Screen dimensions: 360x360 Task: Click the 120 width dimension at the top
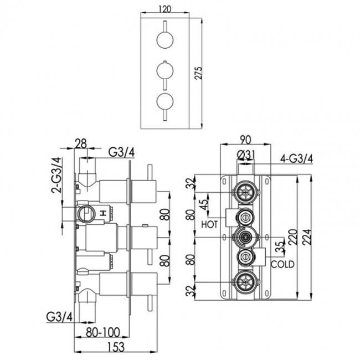tap(165, 9)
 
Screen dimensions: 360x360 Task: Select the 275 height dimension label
tap(198, 73)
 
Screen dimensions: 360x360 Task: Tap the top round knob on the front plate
tap(165, 40)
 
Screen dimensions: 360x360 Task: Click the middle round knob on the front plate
tap(165, 71)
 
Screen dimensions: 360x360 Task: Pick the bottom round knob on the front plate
tap(165, 101)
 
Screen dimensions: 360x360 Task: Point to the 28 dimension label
tap(81, 144)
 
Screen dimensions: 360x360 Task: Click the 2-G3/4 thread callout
tap(58, 174)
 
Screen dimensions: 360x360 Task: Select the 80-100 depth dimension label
tap(103, 332)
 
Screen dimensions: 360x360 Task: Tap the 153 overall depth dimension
tap(116, 347)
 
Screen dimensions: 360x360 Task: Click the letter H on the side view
tap(103, 214)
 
